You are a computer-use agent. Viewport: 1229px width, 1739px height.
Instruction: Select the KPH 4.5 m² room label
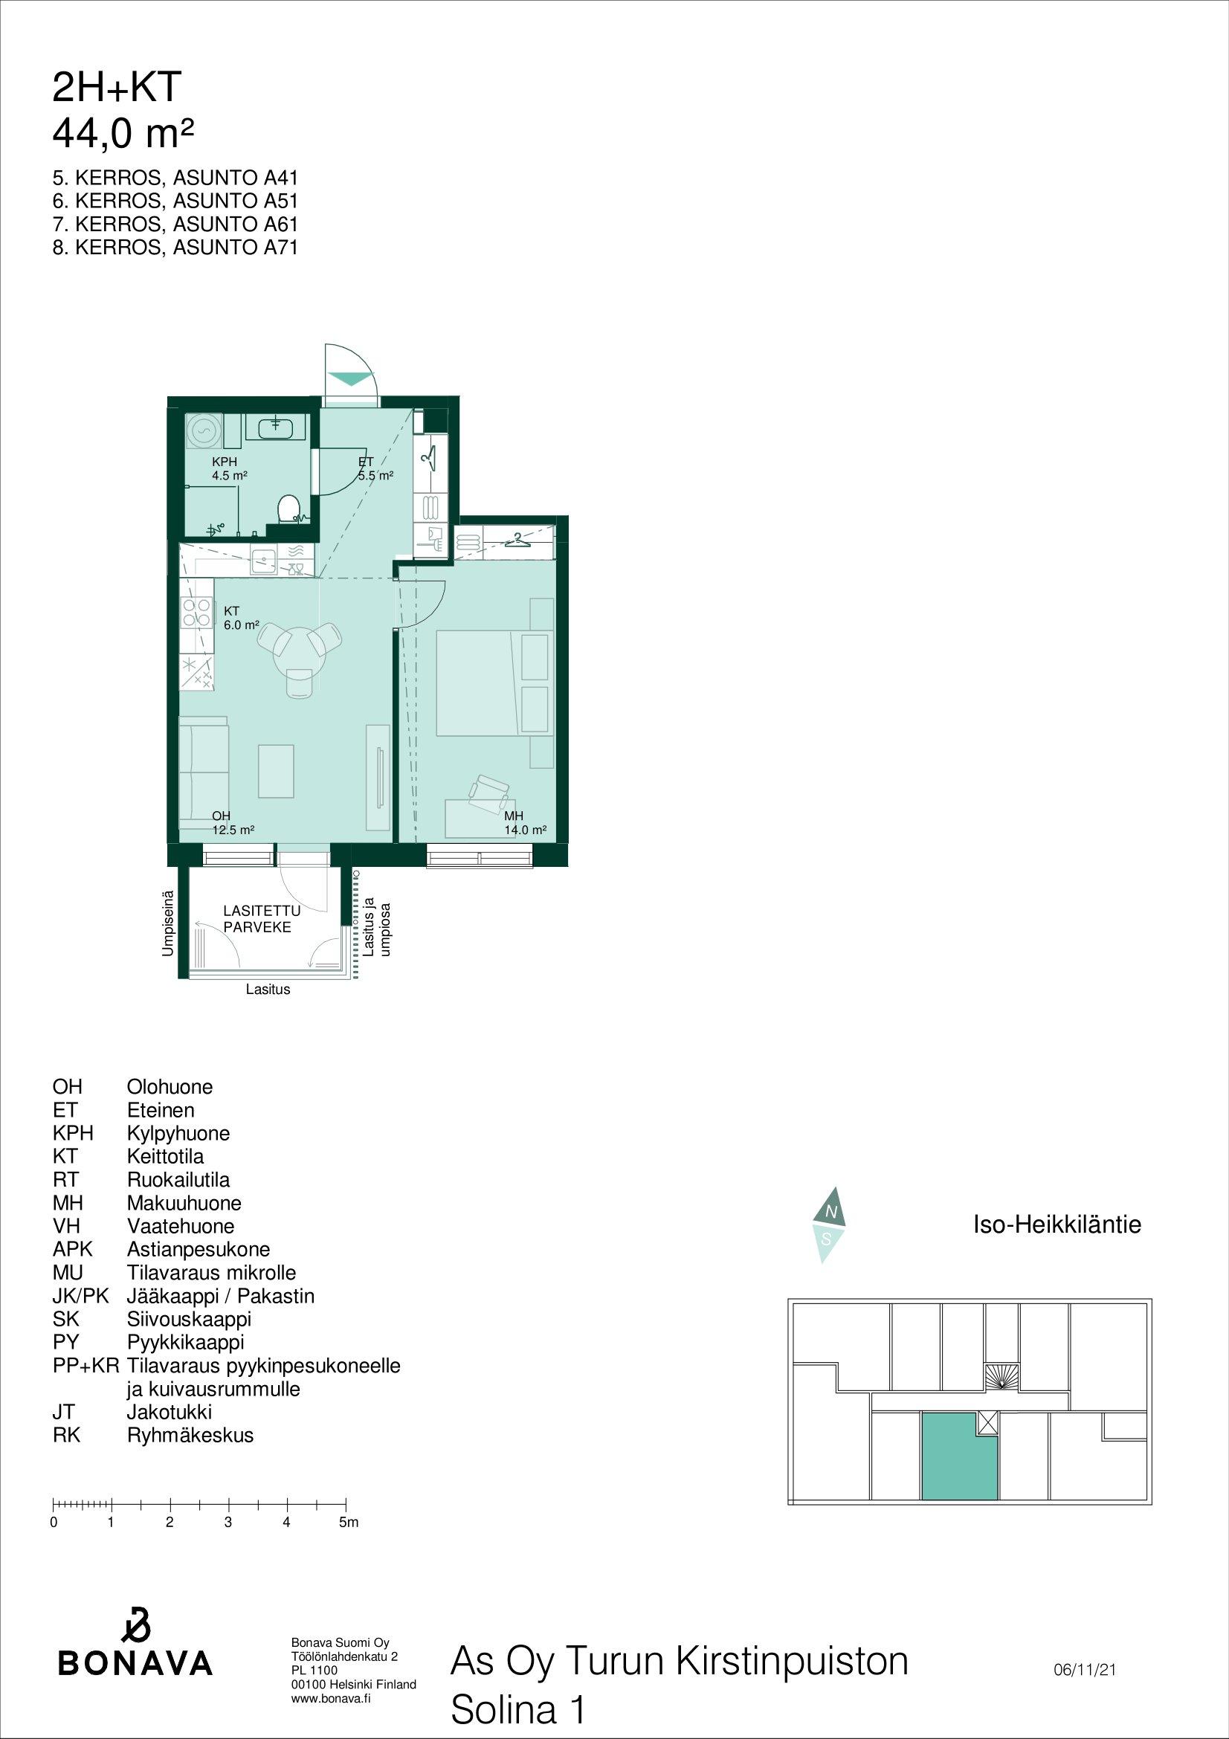pyautogui.click(x=230, y=469)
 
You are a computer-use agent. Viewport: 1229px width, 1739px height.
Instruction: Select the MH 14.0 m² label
pyautogui.click(x=525, y=823)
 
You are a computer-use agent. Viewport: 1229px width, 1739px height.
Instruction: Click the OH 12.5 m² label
pyautogui.click(x=233, y=823)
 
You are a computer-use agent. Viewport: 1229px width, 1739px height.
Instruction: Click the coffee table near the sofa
pyautogui.click(x=276, y=771)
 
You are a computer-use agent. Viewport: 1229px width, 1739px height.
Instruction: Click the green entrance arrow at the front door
pyautogui.click(x=352, y=378)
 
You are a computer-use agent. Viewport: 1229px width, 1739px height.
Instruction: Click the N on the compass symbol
pyautogui.click(x=830, y=1213)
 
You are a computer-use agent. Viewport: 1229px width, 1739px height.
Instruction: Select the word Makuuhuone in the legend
pyautogui.click(x=184, y=1203)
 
